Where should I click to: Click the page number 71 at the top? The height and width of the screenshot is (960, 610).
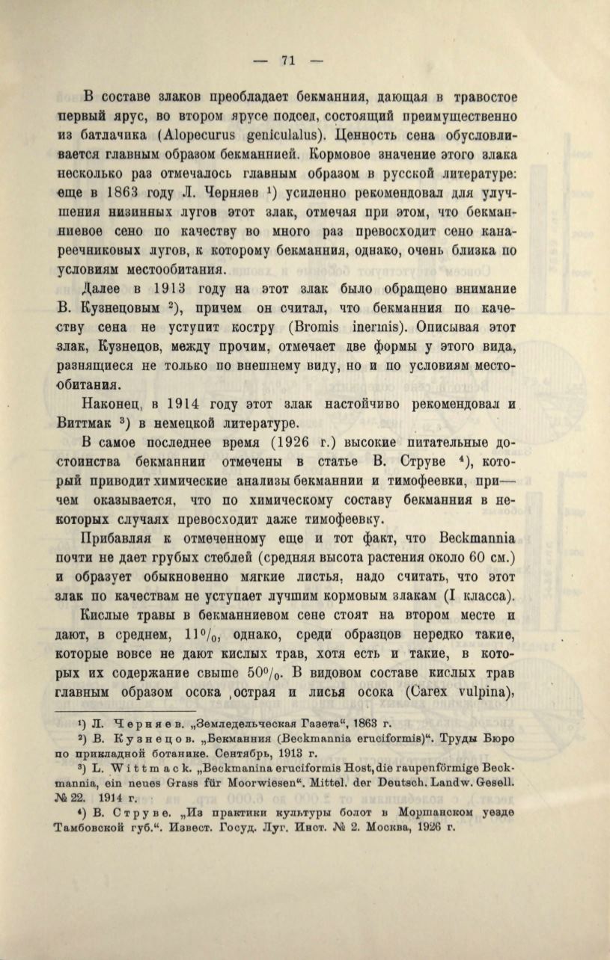(288, 61)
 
